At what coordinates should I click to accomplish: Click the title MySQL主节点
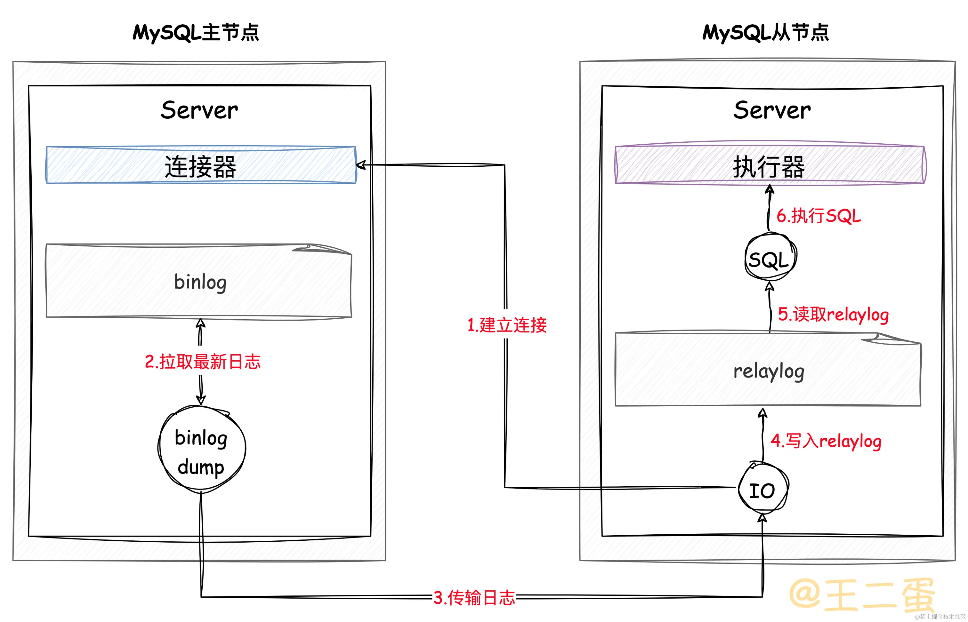pyautogui.click(x=196, y=32)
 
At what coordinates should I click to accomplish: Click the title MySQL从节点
pyautogui.click(x=766, y=32)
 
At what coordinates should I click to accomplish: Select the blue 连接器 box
pyautogui.click(x=201, y=165)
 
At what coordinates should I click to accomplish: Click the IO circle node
pyautogui.click(x=762, y=490)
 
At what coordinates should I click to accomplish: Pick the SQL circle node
pyautogui.click(x=770, y=257)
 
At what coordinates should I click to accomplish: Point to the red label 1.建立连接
pyautogui.click(x=507, y=325)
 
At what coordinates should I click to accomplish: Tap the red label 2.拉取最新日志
pyautogui.click(x=202, y=362)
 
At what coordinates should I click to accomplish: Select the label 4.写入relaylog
pyautogui.click(x=825, y=441)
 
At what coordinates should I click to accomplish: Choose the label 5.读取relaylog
pyautogui.click(x=833, y=314)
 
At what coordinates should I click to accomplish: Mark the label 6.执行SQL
pyautogui.click(x=819, y=215)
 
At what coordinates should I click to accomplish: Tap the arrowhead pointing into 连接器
pyautogui.click(x=360, y=165)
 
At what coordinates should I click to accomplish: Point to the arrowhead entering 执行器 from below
pyautogui.click(x=770, y=189)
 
